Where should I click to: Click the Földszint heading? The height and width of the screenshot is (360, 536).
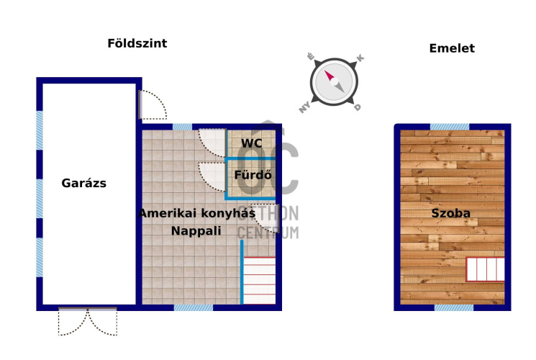137,43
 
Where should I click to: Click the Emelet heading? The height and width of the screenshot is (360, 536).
452,48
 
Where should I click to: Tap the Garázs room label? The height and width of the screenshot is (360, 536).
83,183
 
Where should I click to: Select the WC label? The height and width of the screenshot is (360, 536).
252,143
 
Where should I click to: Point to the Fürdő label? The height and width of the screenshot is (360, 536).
253,175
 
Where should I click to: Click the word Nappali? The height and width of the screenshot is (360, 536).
196,230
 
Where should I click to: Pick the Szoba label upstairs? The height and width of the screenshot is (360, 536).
450,213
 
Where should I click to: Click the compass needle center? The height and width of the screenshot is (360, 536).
335,81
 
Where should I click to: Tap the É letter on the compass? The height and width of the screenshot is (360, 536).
310,56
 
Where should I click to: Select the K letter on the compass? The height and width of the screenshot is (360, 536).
360,58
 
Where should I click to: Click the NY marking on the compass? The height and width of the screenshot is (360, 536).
304,107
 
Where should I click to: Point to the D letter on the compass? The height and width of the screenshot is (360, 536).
358,107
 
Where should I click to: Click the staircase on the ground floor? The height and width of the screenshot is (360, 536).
259,280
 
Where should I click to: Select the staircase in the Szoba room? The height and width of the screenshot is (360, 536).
486,269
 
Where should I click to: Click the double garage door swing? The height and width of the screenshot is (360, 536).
88,322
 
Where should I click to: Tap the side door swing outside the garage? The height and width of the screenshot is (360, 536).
153,104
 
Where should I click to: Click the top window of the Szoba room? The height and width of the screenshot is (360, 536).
450,127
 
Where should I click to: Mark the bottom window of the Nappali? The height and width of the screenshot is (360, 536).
194,307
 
